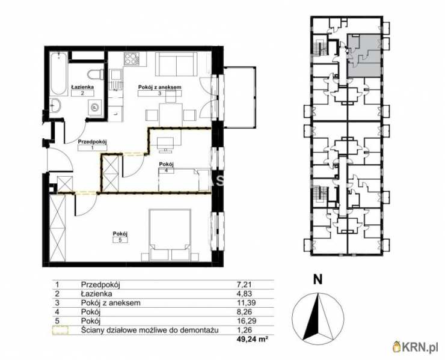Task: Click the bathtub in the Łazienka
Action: click(59, 74)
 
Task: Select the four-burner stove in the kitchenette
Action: click(132, 59)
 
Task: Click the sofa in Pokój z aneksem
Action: click(177, 64)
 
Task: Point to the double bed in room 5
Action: click(170, 235)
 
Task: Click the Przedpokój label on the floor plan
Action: click(93, 141)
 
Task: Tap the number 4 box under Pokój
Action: click(167, 171)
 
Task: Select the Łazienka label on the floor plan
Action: click(82, 87)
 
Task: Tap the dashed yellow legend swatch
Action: click(61, 331)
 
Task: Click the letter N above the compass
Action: click(318, 279)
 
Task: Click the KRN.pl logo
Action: click(417, 347)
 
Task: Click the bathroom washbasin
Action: click(56, 105)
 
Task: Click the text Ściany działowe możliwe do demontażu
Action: click(150, 330)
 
